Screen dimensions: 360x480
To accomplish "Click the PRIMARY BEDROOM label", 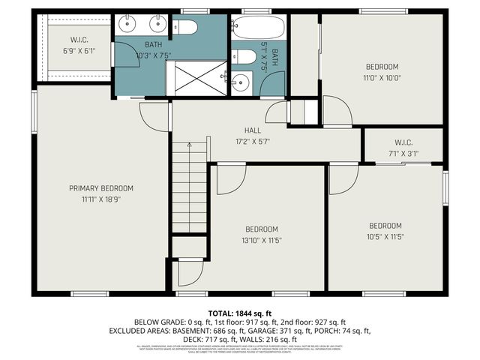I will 101,187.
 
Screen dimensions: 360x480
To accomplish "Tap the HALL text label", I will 242,130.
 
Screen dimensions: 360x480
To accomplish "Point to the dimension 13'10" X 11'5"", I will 262,240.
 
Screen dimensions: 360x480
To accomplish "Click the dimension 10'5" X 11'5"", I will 385,236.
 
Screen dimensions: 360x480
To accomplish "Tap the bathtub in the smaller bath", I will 258,29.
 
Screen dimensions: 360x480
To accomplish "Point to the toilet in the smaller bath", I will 241,57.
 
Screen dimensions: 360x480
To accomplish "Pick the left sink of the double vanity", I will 129,24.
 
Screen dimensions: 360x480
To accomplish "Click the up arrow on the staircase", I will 189,144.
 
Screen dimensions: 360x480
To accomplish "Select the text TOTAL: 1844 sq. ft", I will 240,312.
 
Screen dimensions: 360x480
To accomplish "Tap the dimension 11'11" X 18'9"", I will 101,199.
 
